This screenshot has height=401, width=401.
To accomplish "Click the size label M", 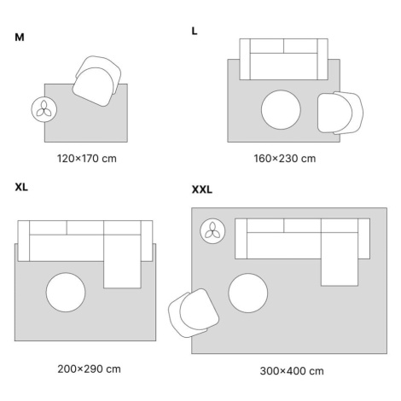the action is click(x=20, y=38).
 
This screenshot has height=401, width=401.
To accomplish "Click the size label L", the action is click(x=195, y=32).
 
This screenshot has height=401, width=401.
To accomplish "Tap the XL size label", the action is click(x=21, y=187).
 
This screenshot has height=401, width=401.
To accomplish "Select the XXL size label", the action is click(x=202, y=189).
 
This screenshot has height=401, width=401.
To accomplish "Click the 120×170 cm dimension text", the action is click(x=87, y=159).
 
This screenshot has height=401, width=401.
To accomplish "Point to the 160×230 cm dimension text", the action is click(x=285, y=159).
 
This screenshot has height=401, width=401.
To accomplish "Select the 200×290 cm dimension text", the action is click(x=89, y=369).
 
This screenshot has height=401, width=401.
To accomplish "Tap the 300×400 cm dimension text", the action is click(x=292, y=371).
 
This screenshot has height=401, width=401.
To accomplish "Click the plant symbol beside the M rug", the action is click(x=44, y=109).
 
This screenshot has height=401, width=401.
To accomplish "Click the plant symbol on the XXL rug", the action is click(x=212, y=231).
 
